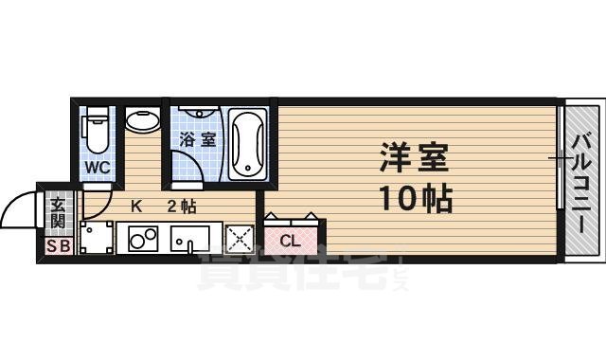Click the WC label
coord(98,168)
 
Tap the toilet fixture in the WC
coord(96,132)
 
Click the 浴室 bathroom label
coord(197,138)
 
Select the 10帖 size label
coord(414,199)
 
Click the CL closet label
coord(291,241)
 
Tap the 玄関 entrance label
coord(58,212)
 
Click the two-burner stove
coord(143,240)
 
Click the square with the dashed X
coord(240,239)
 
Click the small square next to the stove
coord(96,239)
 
